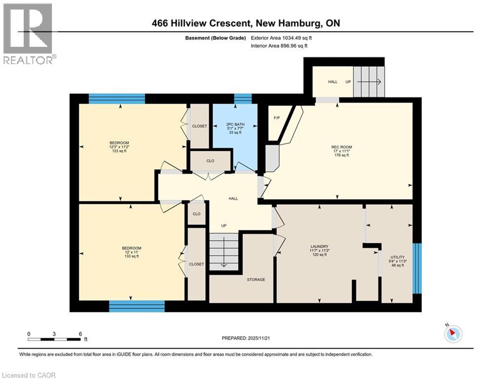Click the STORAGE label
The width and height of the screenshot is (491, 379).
pos(256,279)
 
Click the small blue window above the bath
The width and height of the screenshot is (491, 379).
pos(242,99)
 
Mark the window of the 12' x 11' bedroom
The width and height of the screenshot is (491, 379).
pos(137,306)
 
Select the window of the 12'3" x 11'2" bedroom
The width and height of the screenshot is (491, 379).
pos(117,99)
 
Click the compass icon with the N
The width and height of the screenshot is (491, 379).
pos(453,334)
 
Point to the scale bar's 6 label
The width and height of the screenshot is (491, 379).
pos(80,334)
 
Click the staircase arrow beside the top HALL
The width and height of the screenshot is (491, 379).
pos(371,82)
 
